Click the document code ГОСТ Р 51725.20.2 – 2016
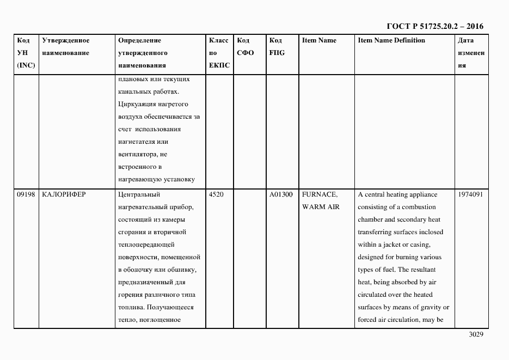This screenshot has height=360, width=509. [x=434, y=26]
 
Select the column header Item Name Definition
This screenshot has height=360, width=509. [x=391, y=40]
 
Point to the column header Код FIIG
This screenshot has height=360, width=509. [x=277, y=47]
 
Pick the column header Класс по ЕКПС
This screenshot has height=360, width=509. [x=219, y=53]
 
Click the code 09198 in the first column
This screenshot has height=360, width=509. [x=25, y=194]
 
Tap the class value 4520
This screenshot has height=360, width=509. [x=216, y=194]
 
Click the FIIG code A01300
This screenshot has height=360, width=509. [x=281, y=194]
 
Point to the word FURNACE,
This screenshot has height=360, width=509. [x=320, y=194]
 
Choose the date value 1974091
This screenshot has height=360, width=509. [x=470, y=194]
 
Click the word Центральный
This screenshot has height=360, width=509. [x=139, y=194]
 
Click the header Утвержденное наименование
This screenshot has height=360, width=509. [x=65, y=47]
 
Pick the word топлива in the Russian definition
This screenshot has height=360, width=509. [x=131, y=307]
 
